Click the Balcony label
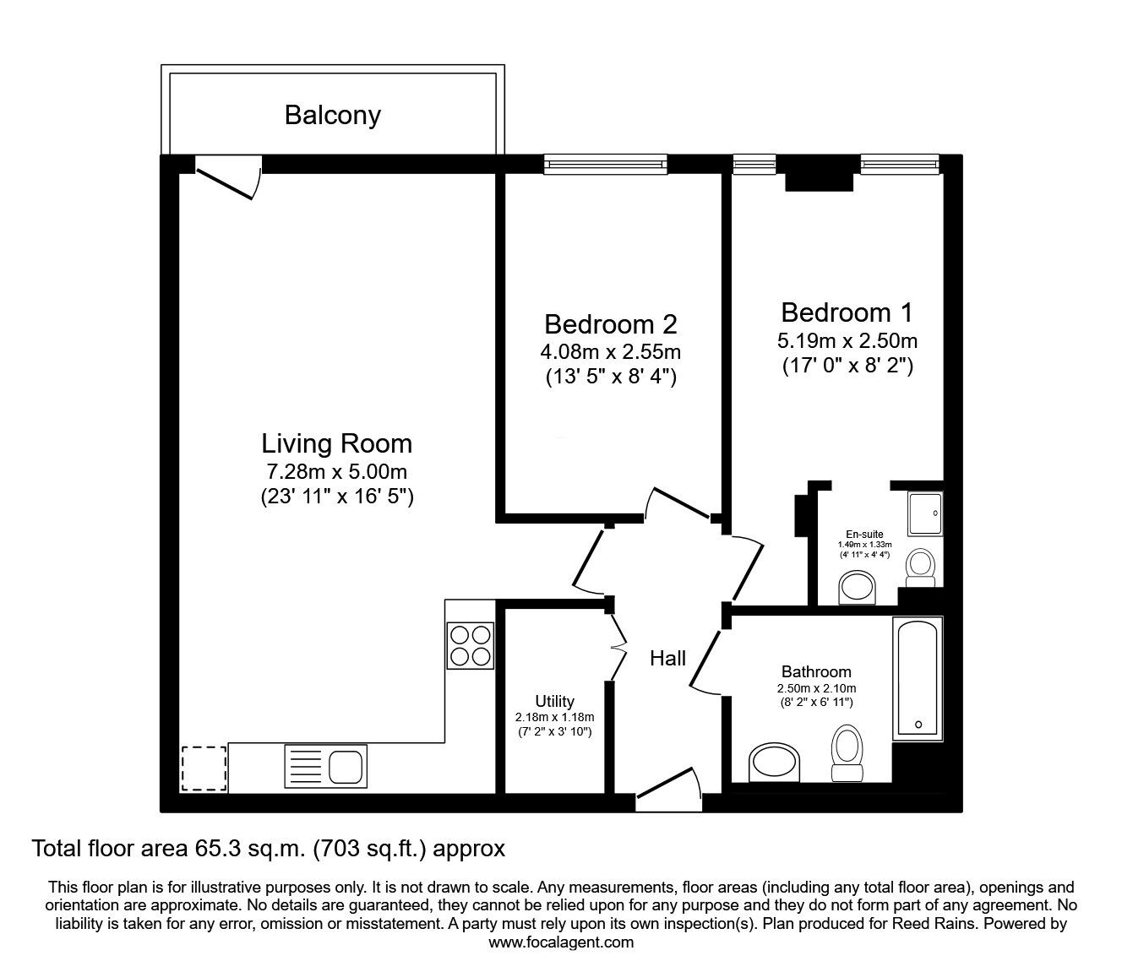[x=332, y=115]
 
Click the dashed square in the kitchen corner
[x=203, y=768]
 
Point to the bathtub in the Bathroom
[x=918, y=676]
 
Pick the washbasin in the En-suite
[x=859, y=588]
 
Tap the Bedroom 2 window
[x=605, y=164]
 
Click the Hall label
[x=667, y=659]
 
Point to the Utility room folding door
[x=618, y=646]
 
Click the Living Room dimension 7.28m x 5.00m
[x=336, y=472]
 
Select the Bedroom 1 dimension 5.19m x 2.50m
[x=847, y=341]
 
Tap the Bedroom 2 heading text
[x=610, y=324]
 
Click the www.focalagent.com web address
[x=561, y=942]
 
